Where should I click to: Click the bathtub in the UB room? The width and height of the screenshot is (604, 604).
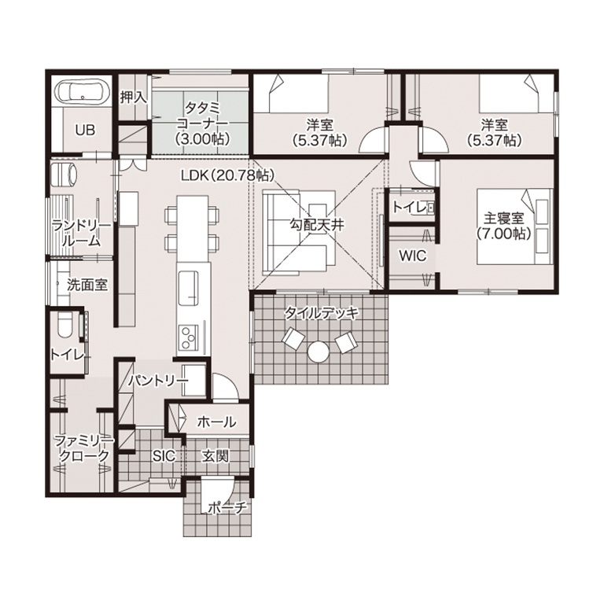81,92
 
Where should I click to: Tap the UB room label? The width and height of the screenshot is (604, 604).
85,131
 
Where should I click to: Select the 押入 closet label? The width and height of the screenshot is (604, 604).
133,97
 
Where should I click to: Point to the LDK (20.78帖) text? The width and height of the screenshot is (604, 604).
227,175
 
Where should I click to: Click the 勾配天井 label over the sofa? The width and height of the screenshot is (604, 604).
316,225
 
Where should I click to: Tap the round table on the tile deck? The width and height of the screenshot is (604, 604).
319,352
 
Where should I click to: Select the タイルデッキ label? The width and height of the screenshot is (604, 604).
321,313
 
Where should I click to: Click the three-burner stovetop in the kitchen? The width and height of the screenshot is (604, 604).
188,337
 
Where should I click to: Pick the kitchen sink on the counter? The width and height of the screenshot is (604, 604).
189,287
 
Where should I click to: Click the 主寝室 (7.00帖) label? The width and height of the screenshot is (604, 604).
503,226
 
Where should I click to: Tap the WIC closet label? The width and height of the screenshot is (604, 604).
413,256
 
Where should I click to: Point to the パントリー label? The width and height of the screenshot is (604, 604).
158,381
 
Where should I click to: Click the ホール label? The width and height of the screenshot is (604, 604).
216,422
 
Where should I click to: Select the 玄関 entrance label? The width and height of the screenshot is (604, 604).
215,456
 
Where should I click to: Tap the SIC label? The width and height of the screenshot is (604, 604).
164,456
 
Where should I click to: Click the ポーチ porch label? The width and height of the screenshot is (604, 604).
226,508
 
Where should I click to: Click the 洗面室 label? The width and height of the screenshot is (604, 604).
87,285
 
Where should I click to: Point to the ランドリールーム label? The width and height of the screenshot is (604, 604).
81,234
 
